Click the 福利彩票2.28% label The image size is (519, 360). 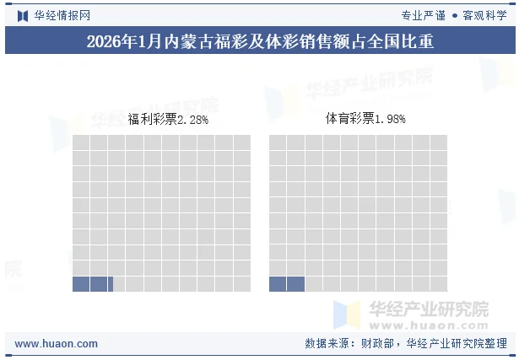pos(169,120)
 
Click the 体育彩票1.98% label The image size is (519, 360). pos(365,120)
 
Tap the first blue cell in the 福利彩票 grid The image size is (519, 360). pos(81,284)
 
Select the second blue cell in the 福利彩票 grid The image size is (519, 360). pos(99,284)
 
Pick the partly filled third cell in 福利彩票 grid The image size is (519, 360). pos(116,284)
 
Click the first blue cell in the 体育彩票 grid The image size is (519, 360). pos(278,284)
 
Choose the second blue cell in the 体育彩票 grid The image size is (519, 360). pos(295,284)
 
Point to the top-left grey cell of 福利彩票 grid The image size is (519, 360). pos(81,142)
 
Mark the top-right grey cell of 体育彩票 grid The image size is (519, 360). pos(438,142)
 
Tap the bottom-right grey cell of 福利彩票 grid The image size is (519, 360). pos(241,284)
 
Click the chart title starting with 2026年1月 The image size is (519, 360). pos(259,41)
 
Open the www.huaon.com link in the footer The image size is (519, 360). pos(57,344)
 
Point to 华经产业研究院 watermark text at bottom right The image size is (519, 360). pos(428,309)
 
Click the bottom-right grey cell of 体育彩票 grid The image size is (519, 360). pos(438,284)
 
